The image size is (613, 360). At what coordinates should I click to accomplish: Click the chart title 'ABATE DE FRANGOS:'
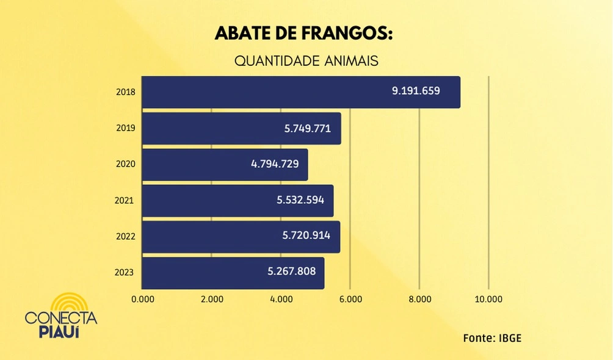pyautogui.click(x=303, y=34)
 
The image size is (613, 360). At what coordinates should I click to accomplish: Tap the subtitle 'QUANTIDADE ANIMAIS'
pyautogui.click(x=306, y=62)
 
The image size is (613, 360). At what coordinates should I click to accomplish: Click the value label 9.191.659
pyautogui.click(x=416, y=91)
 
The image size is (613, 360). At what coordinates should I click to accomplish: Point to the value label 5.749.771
pyautogui.click(x=308, y=129)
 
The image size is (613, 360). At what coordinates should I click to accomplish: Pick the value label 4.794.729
pyautogui.click(x=275, y=165)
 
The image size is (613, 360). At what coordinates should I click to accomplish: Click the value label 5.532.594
pyautogui.click(x=299, y=200)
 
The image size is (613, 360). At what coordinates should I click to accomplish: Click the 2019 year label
pyautogui.click(x=125, y=128)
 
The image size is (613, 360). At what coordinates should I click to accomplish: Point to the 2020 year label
pyautogui.click(x=125, y=164)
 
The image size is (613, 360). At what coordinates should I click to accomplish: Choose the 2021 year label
pyautogui.click(x=125, y=200)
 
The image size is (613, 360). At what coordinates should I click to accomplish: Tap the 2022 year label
pyautogui.click(x=125, y=236)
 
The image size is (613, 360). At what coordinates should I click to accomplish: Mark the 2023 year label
pyautogui.click(x=125, y=272)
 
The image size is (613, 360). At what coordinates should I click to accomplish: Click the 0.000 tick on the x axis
pyautogui.click(x=143, y=299)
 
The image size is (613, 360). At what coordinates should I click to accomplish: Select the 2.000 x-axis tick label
pyautogui.click(x=212, y=299)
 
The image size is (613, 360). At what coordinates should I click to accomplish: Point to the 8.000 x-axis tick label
pyautogui.click(x=419, y=299)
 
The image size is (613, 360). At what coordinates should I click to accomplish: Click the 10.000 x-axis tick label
pyautogui.click(x=488, y=299)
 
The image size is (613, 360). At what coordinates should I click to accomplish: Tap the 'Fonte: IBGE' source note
pyautogui.click(x=492, y=338)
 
